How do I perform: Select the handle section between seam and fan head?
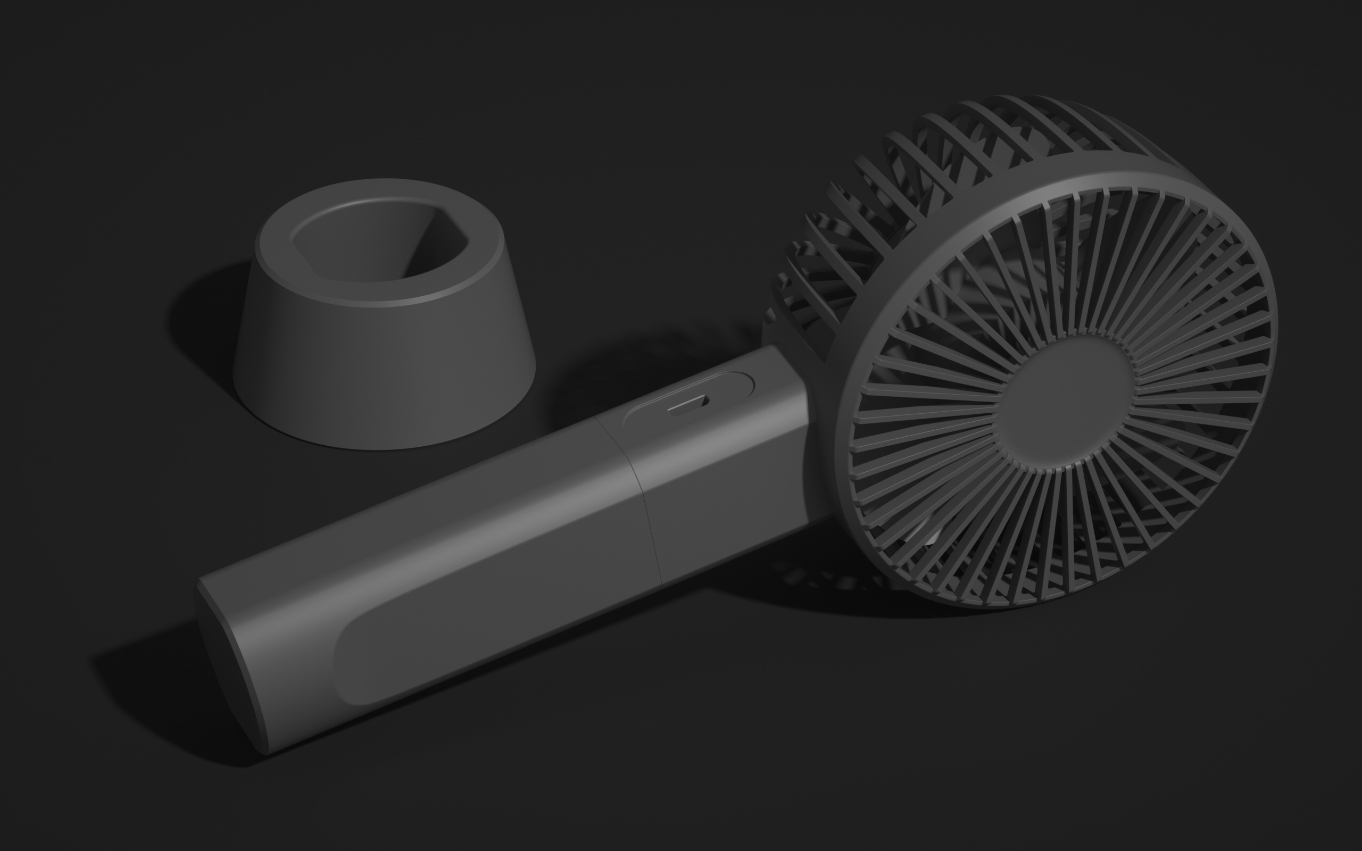pos(726,484)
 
